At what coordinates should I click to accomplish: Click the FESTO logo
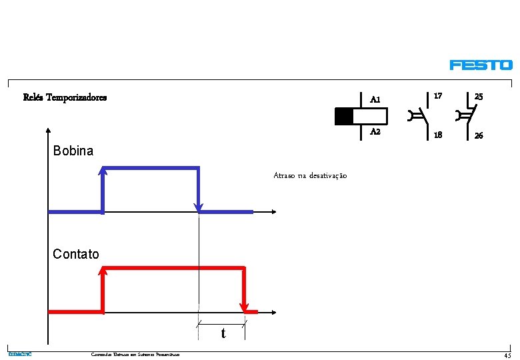click(481, 65)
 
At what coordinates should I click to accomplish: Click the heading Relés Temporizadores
click(65, 97)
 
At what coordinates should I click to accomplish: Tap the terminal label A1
click(375, 100)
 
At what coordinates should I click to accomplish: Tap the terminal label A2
click(375, 132)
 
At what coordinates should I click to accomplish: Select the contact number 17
click(437, 97)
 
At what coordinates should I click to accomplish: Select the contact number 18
click(437, 135)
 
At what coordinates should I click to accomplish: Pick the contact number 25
click(479, 97)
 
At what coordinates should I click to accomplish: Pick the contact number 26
click(479, 135)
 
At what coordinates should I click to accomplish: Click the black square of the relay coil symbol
click(344, 116)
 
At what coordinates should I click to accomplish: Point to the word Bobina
click(73, 151)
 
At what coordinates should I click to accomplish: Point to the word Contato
click(76, 254)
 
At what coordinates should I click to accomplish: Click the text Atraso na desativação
click(310, 175)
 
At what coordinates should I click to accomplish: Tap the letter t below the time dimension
click(223, 333)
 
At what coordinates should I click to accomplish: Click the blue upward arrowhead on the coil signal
click(103, 172)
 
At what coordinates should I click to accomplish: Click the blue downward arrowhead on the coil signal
click(199, 207)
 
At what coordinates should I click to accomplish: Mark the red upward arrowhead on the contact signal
click(103, 271)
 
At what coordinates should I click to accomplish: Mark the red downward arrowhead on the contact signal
click(245, 307)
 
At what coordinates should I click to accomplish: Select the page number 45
click(507, 355)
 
